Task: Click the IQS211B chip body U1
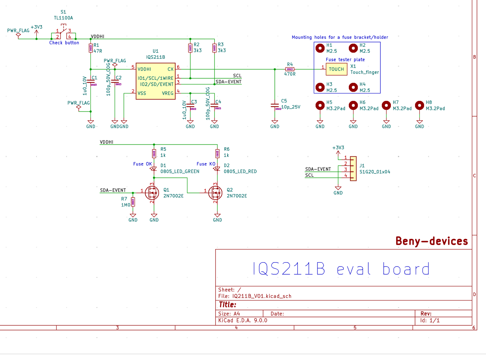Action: click(156, 81)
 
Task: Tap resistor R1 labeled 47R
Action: click(90, 48)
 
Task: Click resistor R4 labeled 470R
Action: click(290, 69)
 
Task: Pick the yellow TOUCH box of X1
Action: click(336, 69)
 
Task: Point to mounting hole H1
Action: click(320, 48)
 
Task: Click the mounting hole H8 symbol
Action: click(419, 106)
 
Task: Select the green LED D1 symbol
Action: click(154, 169)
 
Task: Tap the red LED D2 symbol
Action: click(217, 169)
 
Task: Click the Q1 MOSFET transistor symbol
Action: click(152, 193)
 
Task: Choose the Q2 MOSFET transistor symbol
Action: click(215, 193)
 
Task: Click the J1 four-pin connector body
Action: click(353, 169)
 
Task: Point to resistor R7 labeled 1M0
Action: click(133, 202)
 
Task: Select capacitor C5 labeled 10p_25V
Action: click(275, 106)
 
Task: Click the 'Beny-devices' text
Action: click(432, 241)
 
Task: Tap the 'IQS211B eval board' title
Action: click(341, 269)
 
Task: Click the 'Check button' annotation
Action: click(64, 43)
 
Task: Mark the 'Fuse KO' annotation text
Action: click(206, 164)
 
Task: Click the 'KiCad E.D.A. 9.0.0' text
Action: click(242, 320)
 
